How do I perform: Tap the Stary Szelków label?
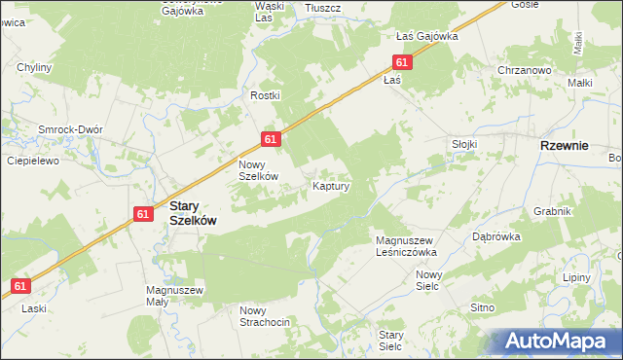point(193,213)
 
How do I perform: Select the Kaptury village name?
point(331,184)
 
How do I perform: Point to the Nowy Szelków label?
point(260,170)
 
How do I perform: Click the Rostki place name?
point(265,95)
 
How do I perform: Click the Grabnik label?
point(551,211)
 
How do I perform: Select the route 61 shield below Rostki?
point(272,140)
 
